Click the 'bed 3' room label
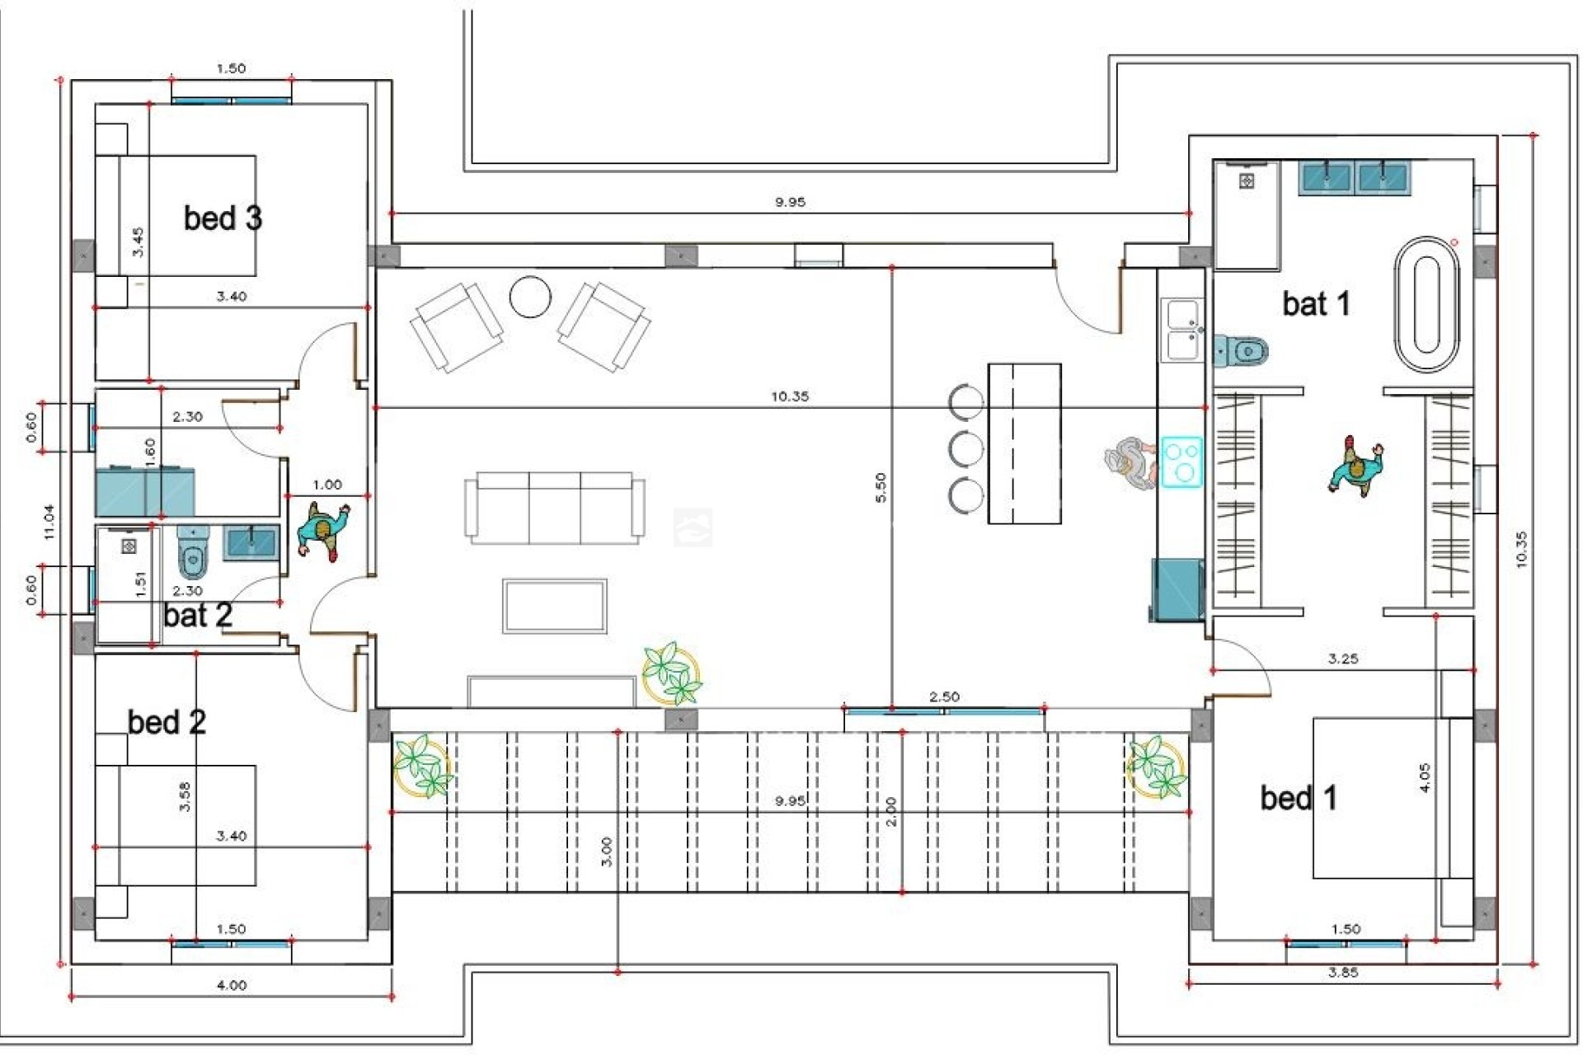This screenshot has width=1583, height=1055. tap(223, 218)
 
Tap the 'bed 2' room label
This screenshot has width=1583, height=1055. tap(167, 722)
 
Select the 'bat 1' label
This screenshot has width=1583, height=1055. tap(1316, 304)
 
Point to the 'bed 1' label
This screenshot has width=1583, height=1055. tap(1298, 798)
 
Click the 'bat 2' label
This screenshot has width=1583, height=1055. tap(198, 616)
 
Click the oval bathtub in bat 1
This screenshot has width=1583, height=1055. tap(1426, 305)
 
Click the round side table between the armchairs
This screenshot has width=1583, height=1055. tap(530, 297)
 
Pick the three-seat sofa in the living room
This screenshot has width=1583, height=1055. tap(554, 507)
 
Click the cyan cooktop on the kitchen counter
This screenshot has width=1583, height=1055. tap(1182, 462)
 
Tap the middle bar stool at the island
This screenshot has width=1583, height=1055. tap(965, 449)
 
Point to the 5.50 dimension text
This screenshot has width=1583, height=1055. tap(881, 487)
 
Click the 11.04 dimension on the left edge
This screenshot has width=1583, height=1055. tap(49, 522)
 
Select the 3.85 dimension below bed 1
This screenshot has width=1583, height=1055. tap(1342, 973)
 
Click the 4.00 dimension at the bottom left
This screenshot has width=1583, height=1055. tap(231, 985)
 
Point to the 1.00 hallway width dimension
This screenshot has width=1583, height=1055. tap(327, 485)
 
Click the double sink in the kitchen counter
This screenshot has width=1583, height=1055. tap(1181, 330)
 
